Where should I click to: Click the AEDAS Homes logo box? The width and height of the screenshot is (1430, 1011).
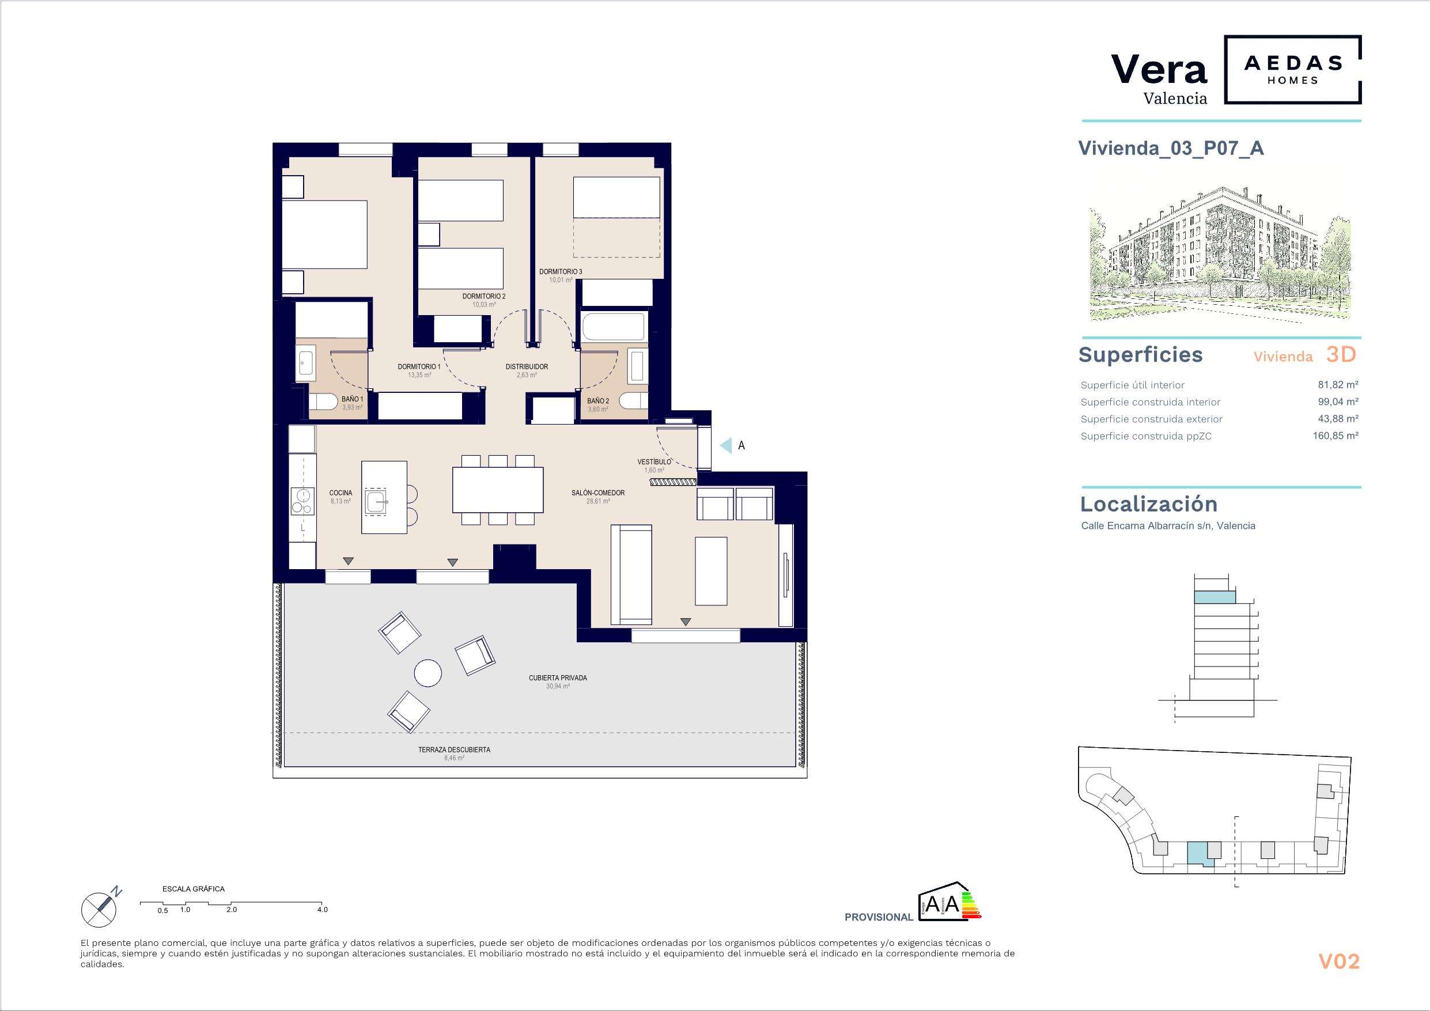(x=1292, y=70)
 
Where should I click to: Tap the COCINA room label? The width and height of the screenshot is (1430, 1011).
(x=341, y=493)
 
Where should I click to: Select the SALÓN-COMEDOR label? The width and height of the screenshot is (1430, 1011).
(x=598, y=493)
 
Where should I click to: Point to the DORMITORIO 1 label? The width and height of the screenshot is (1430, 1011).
(x=419, y=367)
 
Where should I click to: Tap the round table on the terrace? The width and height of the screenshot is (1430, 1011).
(x=429, y=673)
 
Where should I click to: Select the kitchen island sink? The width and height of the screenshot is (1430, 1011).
(x=376, y=501)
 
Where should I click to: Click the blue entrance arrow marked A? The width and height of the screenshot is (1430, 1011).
(x=725, y=445)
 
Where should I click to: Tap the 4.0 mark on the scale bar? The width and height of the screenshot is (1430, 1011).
(x=322, y=910)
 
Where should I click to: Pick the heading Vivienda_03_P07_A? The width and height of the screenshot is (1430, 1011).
(x=1171, y=148)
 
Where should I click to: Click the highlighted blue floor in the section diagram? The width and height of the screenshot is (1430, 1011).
(x=1215, y=597)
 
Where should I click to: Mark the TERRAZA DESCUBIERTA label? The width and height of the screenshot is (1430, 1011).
(x=454, y=750)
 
